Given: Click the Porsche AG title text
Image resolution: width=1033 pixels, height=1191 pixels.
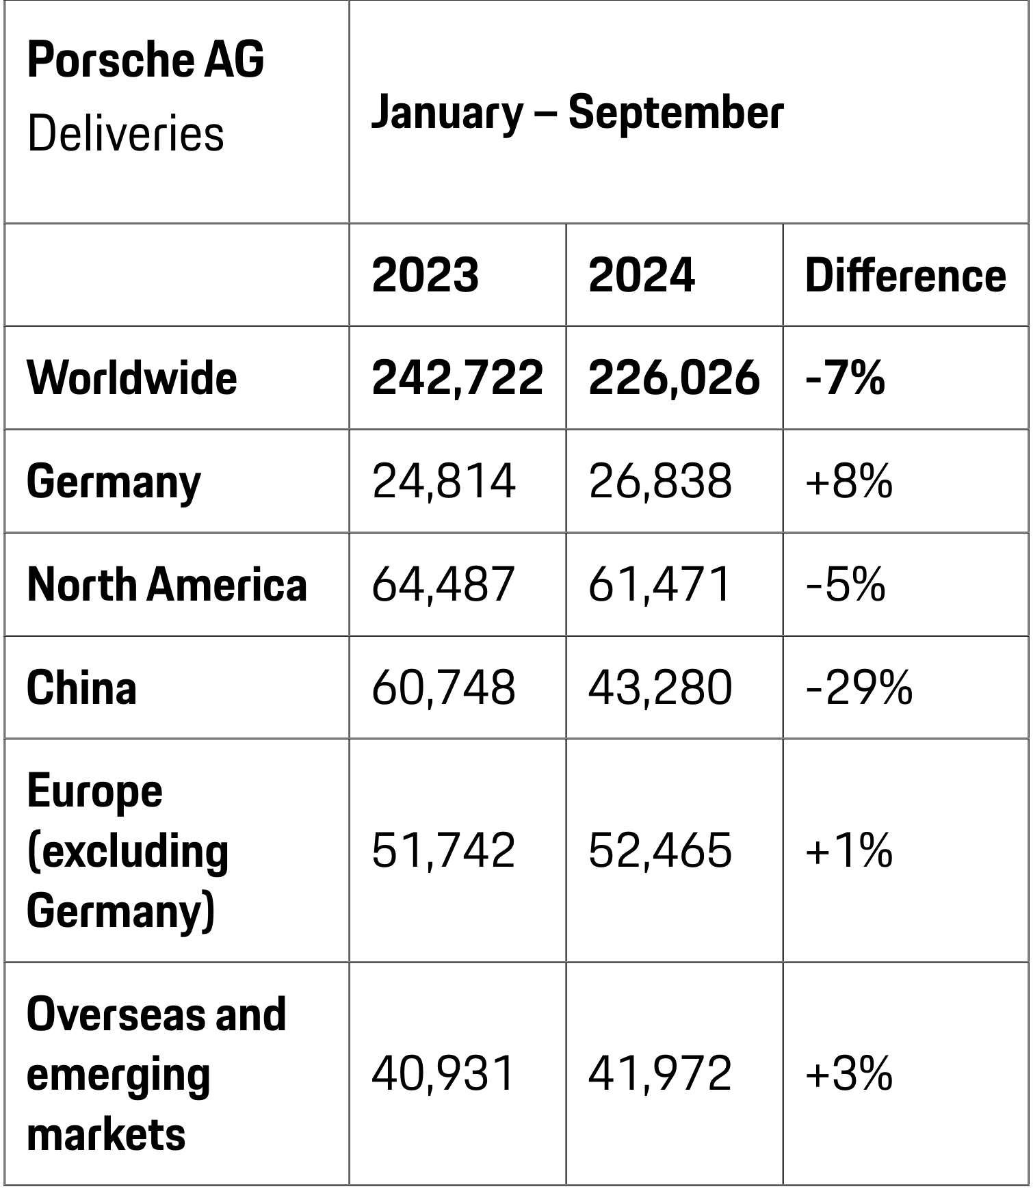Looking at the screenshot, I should coord(145,60).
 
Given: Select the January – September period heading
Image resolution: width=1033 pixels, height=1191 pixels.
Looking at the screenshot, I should coord(577,113).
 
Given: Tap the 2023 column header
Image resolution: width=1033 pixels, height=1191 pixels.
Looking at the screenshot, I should coord(425,276).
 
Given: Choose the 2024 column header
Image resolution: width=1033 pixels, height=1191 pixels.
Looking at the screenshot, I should coord(641,276).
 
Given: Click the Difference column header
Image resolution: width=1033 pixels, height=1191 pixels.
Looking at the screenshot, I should coord(904,276).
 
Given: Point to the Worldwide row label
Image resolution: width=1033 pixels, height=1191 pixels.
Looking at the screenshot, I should coord(131,378).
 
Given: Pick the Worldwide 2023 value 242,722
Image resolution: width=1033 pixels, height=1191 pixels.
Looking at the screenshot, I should coord(457,378).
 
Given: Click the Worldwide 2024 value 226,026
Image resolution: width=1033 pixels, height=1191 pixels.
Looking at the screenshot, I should coord(674,378).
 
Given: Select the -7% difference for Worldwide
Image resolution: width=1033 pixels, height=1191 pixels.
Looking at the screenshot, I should coord(845,378).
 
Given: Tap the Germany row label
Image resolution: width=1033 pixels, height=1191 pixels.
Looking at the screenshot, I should coord(114,482).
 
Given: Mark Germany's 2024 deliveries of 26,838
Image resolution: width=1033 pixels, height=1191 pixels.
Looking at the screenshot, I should coord(660,482).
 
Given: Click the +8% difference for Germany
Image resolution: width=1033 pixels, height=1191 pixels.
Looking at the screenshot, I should coord(849,482).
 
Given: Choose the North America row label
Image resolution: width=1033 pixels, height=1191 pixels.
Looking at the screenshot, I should coord(167,585).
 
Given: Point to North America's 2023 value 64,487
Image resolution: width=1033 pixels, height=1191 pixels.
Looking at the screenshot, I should coord(443,585).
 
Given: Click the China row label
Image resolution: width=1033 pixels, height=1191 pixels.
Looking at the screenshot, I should coord(81,688).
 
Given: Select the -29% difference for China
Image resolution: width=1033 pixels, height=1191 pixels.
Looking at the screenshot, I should coord(859,688).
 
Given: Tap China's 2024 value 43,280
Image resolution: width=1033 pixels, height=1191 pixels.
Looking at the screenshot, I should coord(660,688).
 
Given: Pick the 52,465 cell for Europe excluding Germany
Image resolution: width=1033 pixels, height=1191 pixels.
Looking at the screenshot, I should coord(660,851).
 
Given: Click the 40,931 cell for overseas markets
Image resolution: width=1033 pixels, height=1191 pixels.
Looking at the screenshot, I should coord(443,1073).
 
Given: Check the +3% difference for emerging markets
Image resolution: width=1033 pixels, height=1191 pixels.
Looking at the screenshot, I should coord(849,1073).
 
